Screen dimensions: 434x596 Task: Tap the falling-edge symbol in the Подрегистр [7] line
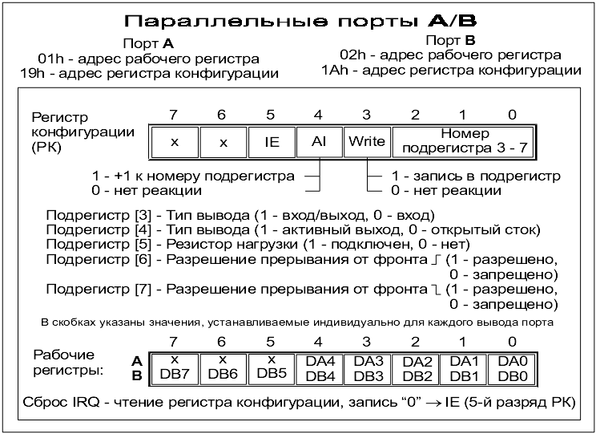pos(436,289)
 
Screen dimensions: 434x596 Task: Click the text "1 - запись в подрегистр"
pos(475,176)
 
